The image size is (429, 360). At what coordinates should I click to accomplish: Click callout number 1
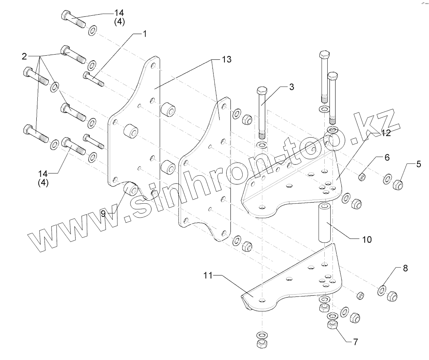144,34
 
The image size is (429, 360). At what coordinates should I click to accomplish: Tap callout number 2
24,56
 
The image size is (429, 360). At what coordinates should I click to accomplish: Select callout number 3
291,87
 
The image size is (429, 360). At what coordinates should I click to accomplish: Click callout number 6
387,157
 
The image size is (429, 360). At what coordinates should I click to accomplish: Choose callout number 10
367,239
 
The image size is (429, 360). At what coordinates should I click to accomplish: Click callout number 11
208,276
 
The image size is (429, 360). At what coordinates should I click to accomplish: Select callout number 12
386,133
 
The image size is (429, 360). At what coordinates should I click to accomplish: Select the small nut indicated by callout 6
362,177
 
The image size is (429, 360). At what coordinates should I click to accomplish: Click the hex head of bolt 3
262,91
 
